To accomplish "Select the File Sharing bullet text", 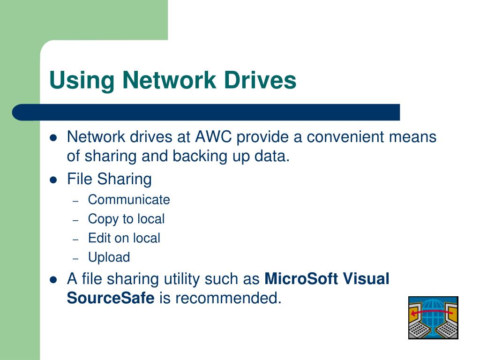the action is click(109, 179).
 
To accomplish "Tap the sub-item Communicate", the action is click(129, 200).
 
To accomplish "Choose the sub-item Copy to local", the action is click(126, 219).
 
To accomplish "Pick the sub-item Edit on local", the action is click(124, 238).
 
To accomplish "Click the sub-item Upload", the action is click(109, 257).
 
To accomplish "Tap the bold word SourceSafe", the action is click(111, 298).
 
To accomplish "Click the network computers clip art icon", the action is click(433, 317).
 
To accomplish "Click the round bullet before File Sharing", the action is click(53, 179).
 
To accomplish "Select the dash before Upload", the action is click(76, 258).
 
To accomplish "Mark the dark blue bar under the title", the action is click(206, 112).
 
